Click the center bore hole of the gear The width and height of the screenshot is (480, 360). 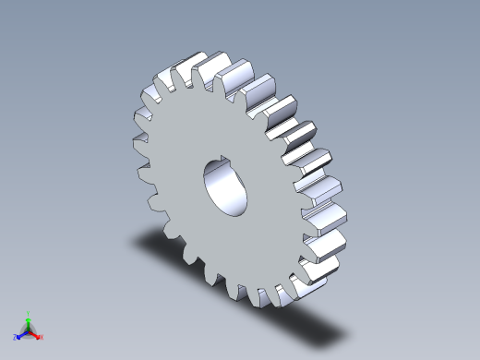pyautogui.click(x=227, y=188)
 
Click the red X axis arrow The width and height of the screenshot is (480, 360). pyautogui.click(x=36, y=334)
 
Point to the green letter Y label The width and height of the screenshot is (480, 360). pyautogui.click(x=29, y=313)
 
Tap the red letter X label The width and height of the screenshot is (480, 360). pyautogui.click(x=42, y=337)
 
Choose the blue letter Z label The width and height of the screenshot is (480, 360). pyautogui.click(x=15, y=338)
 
